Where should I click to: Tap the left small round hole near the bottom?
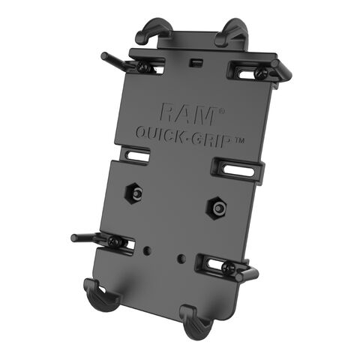click(148, 248)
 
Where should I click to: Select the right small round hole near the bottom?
click(181, 258)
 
